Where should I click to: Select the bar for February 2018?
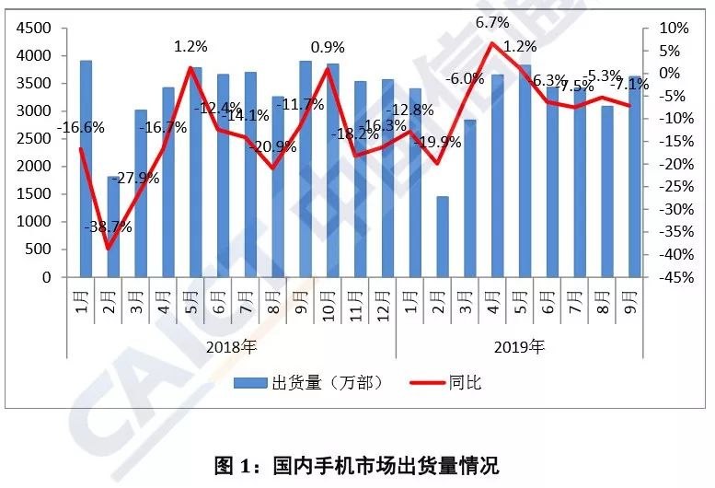(112, 226)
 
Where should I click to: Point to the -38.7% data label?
(108, 227)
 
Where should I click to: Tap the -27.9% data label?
(138, 179)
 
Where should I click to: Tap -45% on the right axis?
(669, 277)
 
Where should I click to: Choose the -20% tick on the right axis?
(669, 165)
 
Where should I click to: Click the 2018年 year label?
(231, 347)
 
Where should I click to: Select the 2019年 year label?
(519, 347)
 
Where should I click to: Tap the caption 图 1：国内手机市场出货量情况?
(356, 464)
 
